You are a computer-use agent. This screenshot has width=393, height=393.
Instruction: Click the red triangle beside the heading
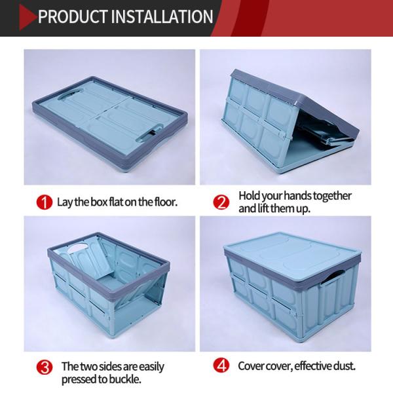point(27,17)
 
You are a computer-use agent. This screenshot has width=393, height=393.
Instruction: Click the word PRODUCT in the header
point(73,17)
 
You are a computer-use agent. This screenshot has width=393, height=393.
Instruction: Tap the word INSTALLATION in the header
point(162,17)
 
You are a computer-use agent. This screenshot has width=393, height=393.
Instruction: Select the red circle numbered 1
point(45,202)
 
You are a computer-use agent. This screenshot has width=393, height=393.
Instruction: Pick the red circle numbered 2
point(221,202)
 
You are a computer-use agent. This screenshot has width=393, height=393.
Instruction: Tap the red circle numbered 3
point(45,367)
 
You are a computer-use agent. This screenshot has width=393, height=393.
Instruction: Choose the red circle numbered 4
point(221,365)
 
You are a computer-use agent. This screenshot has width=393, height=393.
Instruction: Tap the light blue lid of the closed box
point(293,253)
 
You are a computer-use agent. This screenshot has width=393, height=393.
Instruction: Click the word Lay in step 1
point(65,202)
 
